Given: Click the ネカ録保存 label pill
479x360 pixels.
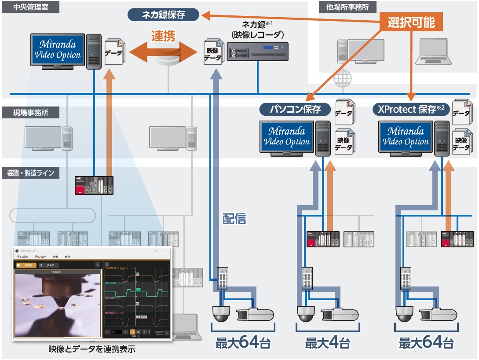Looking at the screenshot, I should pos(163,15).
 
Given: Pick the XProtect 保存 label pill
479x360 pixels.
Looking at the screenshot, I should pos(411,109).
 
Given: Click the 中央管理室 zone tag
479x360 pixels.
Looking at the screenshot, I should pos(25,7).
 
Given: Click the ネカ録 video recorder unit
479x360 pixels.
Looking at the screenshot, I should pos(257,51).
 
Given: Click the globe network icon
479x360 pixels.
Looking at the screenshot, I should pos(343,80).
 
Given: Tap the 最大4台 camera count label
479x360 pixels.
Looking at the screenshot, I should pos(328,342).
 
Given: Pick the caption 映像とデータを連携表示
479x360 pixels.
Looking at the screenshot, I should pos(92,350).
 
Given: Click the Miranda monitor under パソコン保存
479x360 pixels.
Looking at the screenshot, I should pos(287,137).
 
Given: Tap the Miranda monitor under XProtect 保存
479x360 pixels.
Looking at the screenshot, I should pos(406,137).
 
